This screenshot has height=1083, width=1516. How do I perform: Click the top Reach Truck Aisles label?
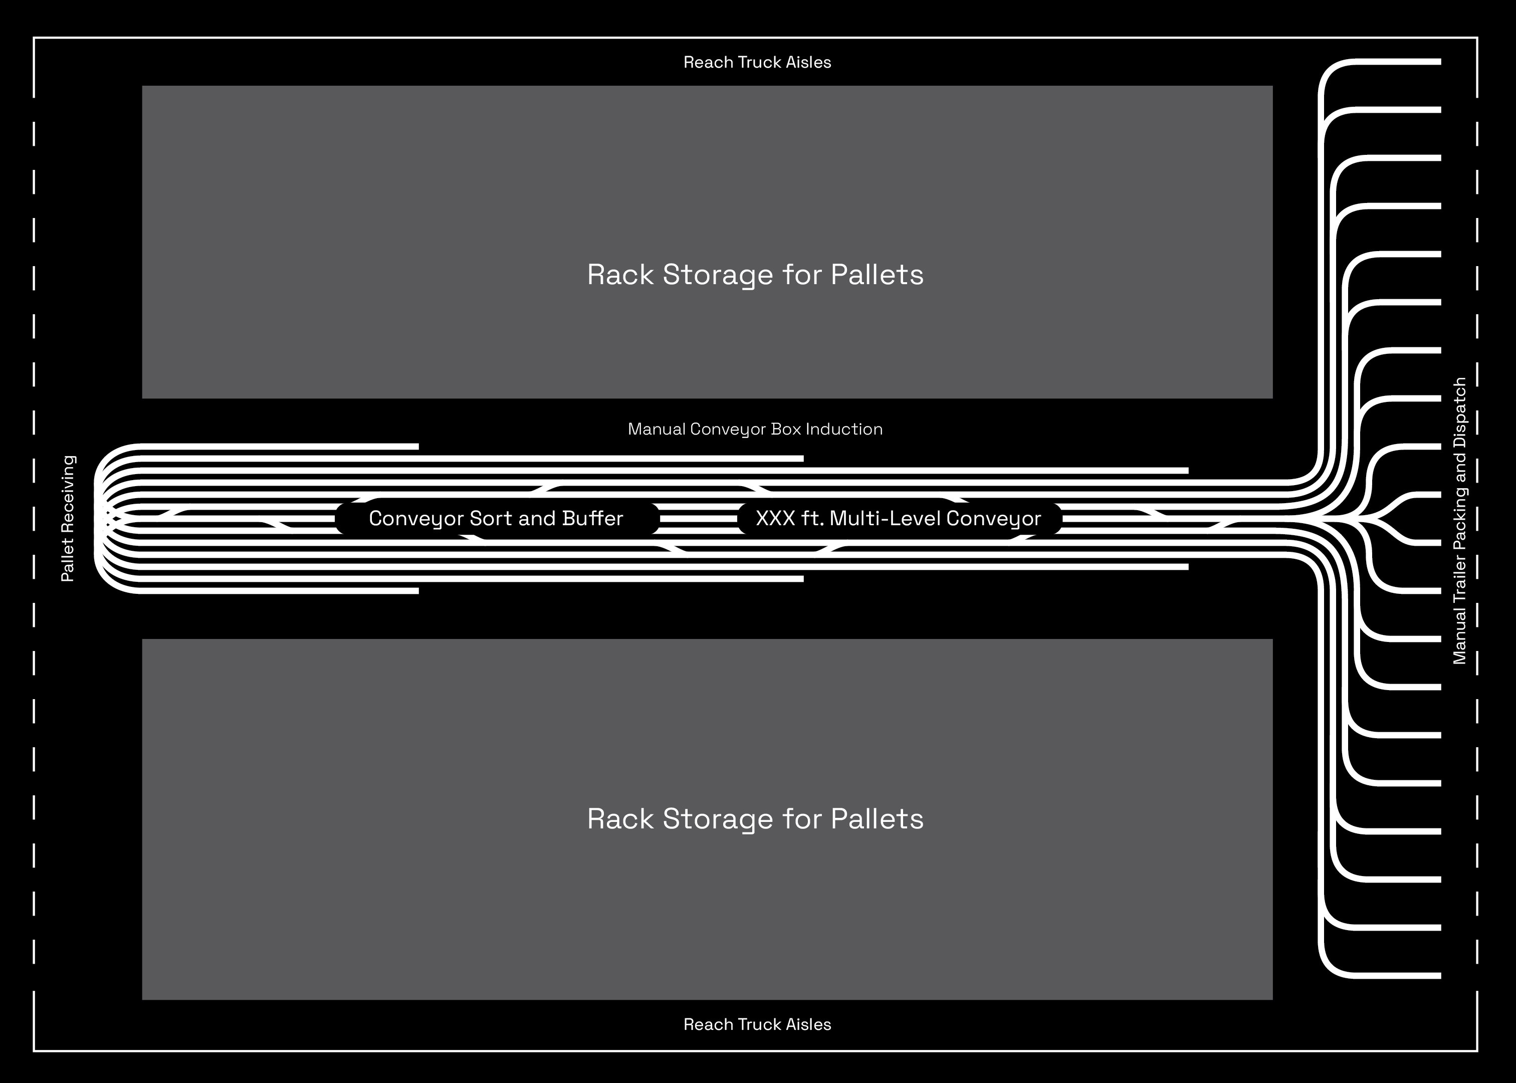[757, 62]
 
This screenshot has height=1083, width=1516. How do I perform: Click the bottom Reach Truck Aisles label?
[757, 1024]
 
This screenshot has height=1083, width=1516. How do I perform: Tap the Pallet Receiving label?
[68, 518]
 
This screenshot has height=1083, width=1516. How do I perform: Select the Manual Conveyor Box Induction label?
[755, 429]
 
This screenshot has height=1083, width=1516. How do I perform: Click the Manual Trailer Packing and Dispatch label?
[1459, 520]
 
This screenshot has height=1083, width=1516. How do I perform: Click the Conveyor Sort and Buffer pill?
[496, 518]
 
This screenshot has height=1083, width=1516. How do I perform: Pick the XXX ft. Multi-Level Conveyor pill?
[899, 518]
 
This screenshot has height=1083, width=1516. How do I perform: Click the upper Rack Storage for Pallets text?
[755, 275]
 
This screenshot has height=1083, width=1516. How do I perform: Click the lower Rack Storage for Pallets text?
[755, 819]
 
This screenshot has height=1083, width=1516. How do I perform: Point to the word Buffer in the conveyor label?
[592, 518]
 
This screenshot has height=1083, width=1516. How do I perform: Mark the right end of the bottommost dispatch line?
[1439, 976]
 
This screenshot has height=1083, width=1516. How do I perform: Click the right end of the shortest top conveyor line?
[417, 446]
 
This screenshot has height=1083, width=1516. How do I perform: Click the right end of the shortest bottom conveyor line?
[417, 591]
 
